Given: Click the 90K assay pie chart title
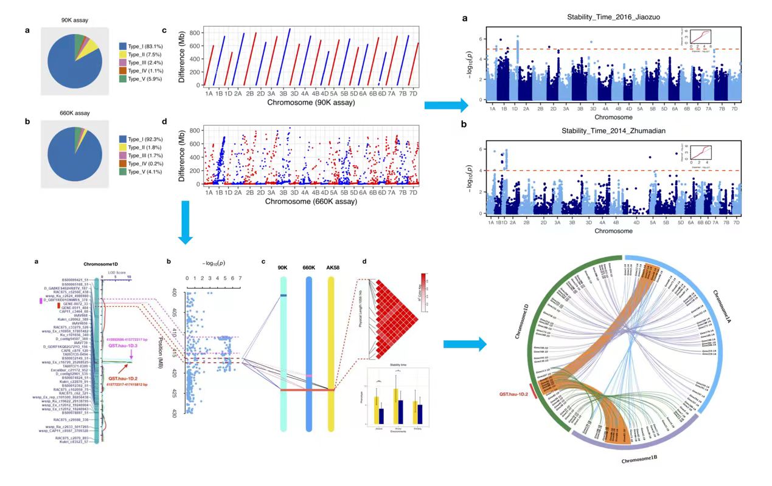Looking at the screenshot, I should click(x=75, y=21).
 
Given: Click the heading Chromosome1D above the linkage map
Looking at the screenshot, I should click(x=100, y=264).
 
